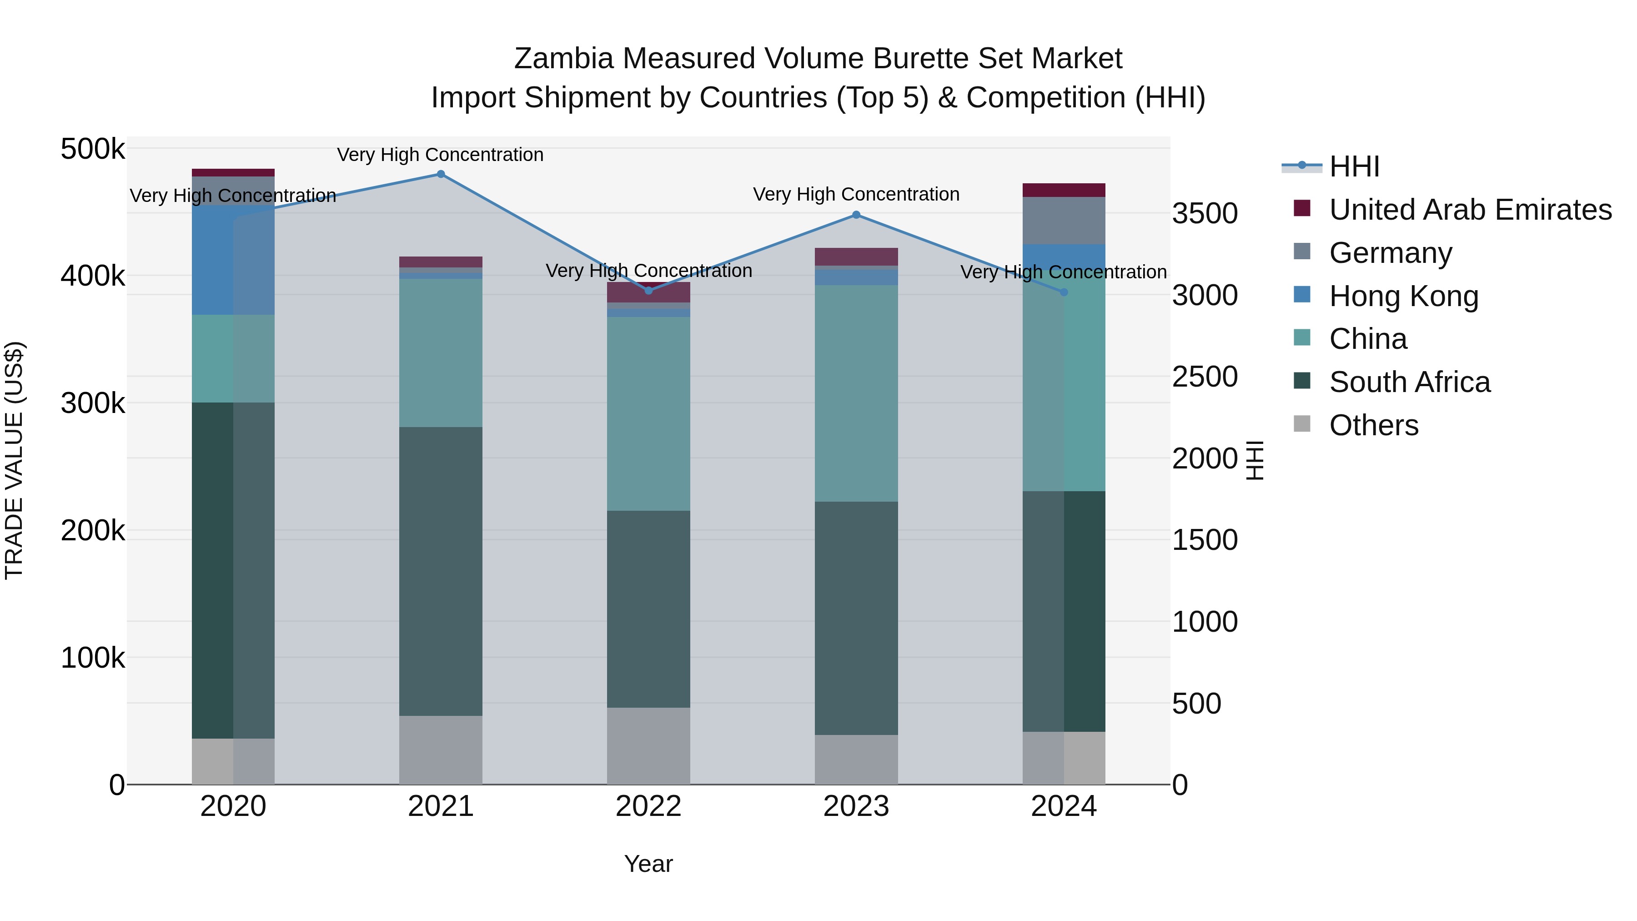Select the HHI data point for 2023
(856, 215)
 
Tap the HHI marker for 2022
(648, 291)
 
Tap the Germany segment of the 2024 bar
(1064, 221)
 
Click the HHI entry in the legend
(1354, 166)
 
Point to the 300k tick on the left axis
(93, 403)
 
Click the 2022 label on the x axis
(648, 806)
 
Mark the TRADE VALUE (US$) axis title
(15, 460)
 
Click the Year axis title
(648, 864)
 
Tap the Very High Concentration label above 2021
(440, 155)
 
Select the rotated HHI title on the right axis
(1255, 460)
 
